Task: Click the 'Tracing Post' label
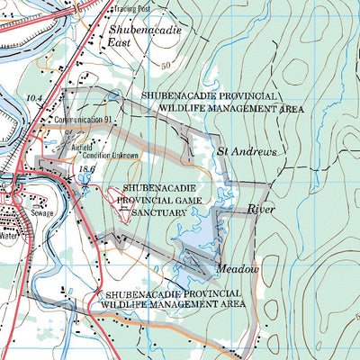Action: coord(131,9)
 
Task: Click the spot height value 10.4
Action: coord(35,96)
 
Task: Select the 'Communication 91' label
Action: coord(83,119)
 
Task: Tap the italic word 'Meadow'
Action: coord(237,270)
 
